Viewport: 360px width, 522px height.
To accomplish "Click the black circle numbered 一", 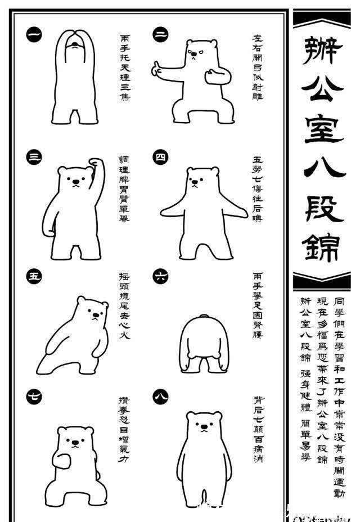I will point(34,35).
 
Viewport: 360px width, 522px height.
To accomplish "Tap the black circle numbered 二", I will point(160,35).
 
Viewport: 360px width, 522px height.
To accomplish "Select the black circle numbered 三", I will point(34,158).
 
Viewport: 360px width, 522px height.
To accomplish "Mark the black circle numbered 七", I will point(34,396).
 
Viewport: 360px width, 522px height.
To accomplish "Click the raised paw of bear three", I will point(98,163).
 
